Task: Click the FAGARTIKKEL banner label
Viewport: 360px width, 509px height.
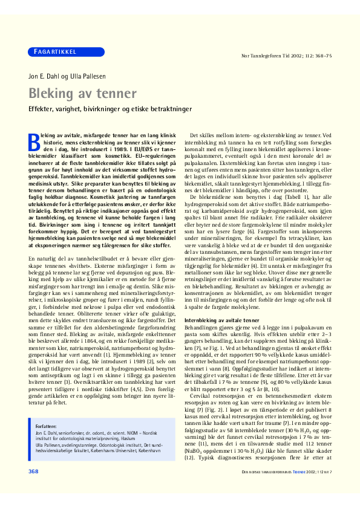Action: pyautogui.click(x=54, y=52)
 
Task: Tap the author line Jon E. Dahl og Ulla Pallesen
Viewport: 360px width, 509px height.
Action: pyautogui.click(x=64, y=76)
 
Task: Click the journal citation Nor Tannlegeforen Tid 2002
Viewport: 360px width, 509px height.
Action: pyautogui.click(x=287, y=56)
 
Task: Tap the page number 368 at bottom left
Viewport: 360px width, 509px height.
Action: pyautogui.click(x=34, y=487)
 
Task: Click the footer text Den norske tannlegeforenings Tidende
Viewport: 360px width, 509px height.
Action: pyautogui.click(x=286, y=488)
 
